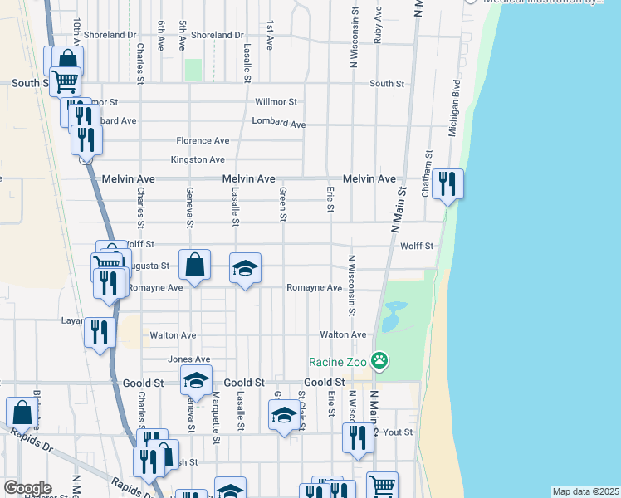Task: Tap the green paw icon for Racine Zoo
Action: [x=379, y=360]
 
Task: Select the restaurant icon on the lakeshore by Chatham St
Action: [x=447, y=183]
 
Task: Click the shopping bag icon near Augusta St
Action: [x=193, y=266]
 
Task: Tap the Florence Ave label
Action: [x=203, y=141]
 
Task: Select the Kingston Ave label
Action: [x=198, y=159]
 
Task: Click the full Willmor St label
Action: [x=276, y=102]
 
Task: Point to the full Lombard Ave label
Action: [x=279, y=123]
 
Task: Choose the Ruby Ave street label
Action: [x=378, y=26]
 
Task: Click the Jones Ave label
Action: [x=183, y=359]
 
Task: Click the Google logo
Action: [x=28, y=488]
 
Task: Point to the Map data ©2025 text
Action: [x=585, y=491]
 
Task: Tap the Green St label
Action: [x=283, y=204]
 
